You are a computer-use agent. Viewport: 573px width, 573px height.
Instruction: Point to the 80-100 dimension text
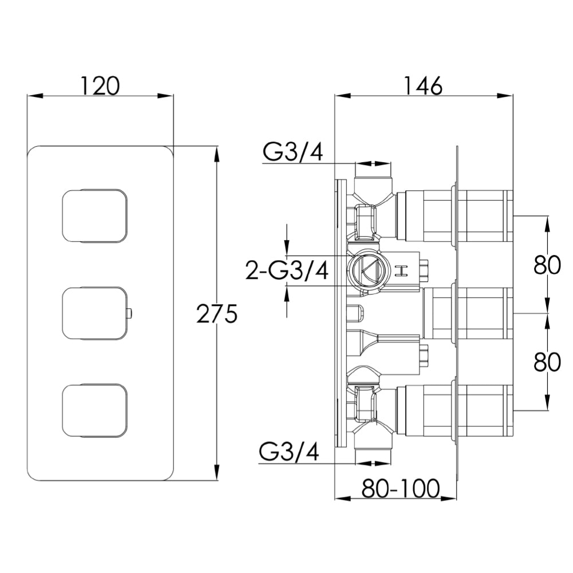pos(401,488)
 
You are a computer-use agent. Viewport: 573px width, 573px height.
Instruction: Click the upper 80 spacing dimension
pos(547,265)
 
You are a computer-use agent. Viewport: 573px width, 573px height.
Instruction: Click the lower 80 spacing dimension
pos(547,362)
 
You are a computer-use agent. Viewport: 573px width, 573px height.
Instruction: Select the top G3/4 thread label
pos(294,152)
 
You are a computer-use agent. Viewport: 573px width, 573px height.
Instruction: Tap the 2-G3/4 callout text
pos(287,271)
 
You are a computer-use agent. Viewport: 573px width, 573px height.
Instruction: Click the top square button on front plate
pos(93,215)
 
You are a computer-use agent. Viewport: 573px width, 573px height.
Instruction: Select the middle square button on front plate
pos(93,313)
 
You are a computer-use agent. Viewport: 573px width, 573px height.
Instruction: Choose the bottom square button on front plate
pos(93,410)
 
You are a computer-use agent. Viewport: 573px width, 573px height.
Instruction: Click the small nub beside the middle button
pos(129,313)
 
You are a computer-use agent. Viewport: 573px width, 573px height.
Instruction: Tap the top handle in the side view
pos(484,215)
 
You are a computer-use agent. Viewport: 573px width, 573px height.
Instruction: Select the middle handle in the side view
pos(484,313)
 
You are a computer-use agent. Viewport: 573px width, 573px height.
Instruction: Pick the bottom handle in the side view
pos(484,410)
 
